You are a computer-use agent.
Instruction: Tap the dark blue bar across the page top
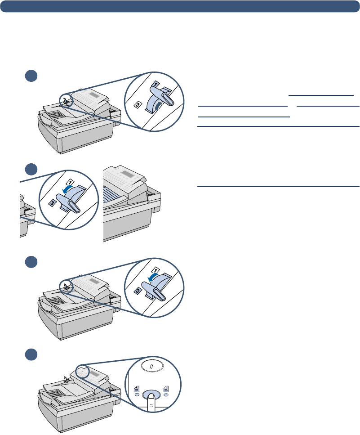pyautogui.click(x=180, y=7)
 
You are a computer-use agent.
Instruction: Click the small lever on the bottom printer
pyautogui.click(x=67, y=379)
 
